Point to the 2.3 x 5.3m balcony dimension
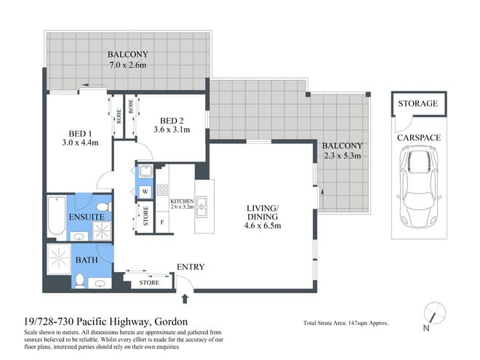(343, 156)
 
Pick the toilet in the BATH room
(79, 280)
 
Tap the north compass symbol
(434, 314)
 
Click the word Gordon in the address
(171, 321)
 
